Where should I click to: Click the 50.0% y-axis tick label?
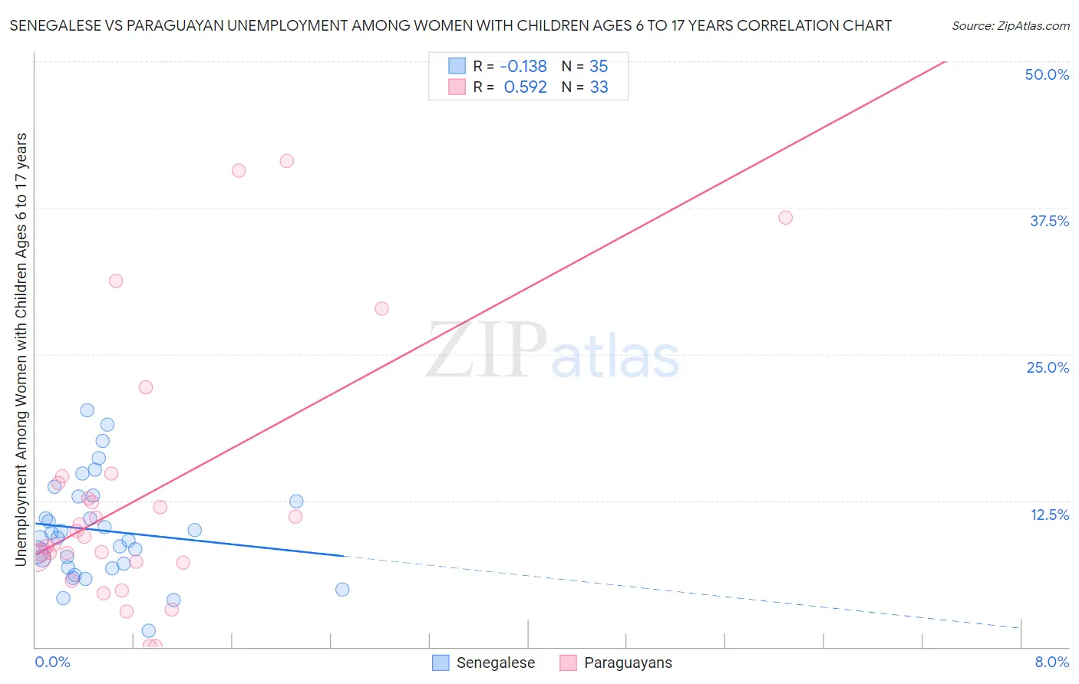point(1047,74)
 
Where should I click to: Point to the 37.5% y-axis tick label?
point(1049,221)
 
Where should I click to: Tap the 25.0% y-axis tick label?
point(1048,367)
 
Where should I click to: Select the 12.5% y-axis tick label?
point(1049,515)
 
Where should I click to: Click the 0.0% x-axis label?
point(52,662)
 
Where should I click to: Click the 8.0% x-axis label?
point(1051,662)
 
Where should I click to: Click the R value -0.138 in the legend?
point(523,66)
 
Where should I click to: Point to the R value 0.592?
point(525,87)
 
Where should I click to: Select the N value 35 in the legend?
point(599,66)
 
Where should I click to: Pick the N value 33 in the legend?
point(599,87)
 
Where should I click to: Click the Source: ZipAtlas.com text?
point(1010,25)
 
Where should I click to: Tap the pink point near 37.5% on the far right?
point(785,218)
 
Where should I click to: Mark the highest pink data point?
point(287,161)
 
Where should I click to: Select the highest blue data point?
point(87,410)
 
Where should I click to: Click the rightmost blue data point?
point(342,590)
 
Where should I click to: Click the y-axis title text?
point(21,349)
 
